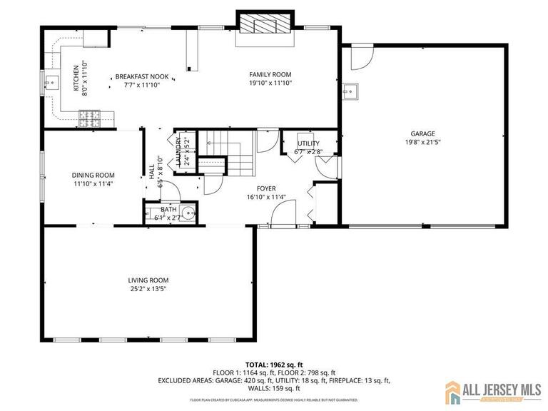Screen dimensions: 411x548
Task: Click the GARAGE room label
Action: [x=422, y=133]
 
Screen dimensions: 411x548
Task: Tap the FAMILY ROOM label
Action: [x=270, y=74]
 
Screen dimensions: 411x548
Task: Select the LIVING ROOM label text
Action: [x=148, y=280]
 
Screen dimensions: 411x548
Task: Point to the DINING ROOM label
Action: [x=93, y=175]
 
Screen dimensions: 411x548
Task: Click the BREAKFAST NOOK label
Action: [x=142, y=76]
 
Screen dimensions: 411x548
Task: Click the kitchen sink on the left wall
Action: [x=50, y=83]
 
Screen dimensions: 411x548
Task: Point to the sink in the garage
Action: [x=350, y=91]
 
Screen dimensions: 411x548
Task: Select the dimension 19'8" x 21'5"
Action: [x=422, y=142]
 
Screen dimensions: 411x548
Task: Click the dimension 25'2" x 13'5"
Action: [x=148, y=289]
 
